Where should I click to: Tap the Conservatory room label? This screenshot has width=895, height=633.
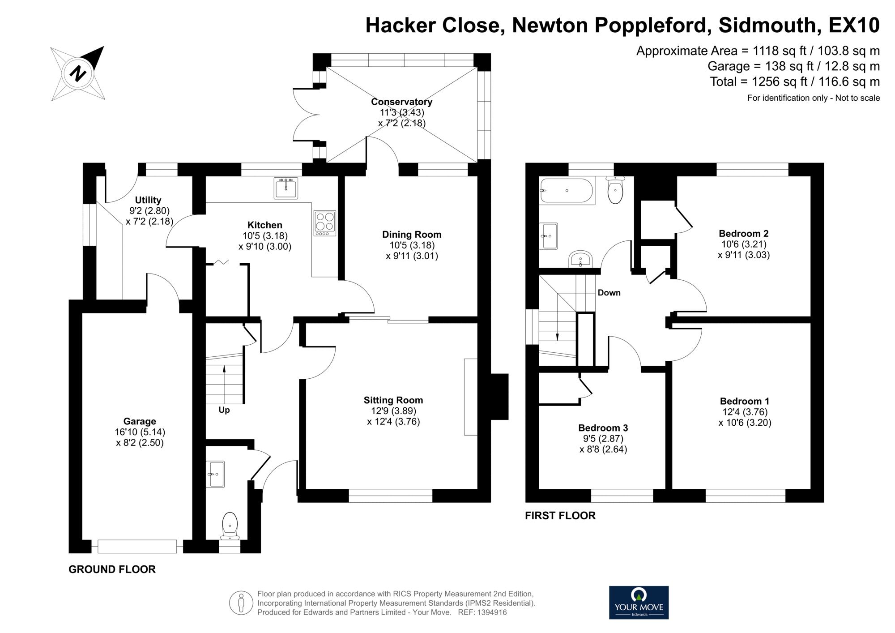coord(401,102)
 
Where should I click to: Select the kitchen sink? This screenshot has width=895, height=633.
coord(286,188)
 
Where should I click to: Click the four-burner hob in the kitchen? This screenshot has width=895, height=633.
coord(325,223)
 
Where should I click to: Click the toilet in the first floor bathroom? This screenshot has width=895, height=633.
coord(616,190)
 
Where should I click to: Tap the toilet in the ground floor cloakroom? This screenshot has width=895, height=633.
coord(230,524)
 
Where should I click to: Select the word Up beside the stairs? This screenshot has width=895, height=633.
coord(224,410)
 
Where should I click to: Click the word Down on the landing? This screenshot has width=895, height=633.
coord(609,293)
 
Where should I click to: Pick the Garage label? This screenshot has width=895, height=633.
coord(140,421)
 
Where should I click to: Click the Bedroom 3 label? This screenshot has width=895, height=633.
coord(603,428)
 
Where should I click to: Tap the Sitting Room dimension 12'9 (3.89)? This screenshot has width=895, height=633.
coord(393,411)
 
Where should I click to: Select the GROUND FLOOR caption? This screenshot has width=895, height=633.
coord(112,569)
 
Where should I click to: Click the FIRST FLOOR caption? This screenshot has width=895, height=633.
coord(560,516)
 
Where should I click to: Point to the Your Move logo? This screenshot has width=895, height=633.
coord(639,603)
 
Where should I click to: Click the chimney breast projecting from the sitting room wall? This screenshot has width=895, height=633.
coord(500,397)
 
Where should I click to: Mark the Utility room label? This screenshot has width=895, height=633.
coord(148,200)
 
